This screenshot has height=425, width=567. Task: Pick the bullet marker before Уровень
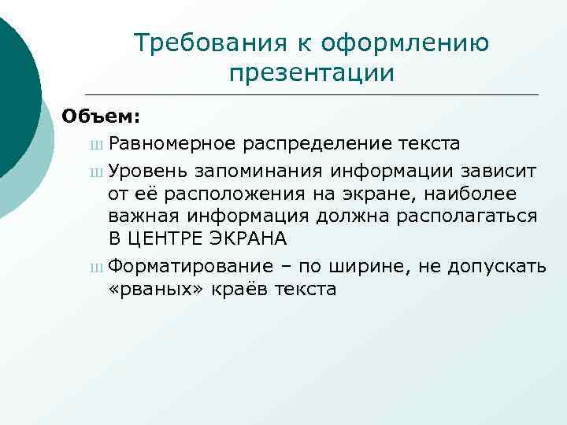pos(96,171)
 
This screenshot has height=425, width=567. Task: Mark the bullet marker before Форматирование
pos(96,267)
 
